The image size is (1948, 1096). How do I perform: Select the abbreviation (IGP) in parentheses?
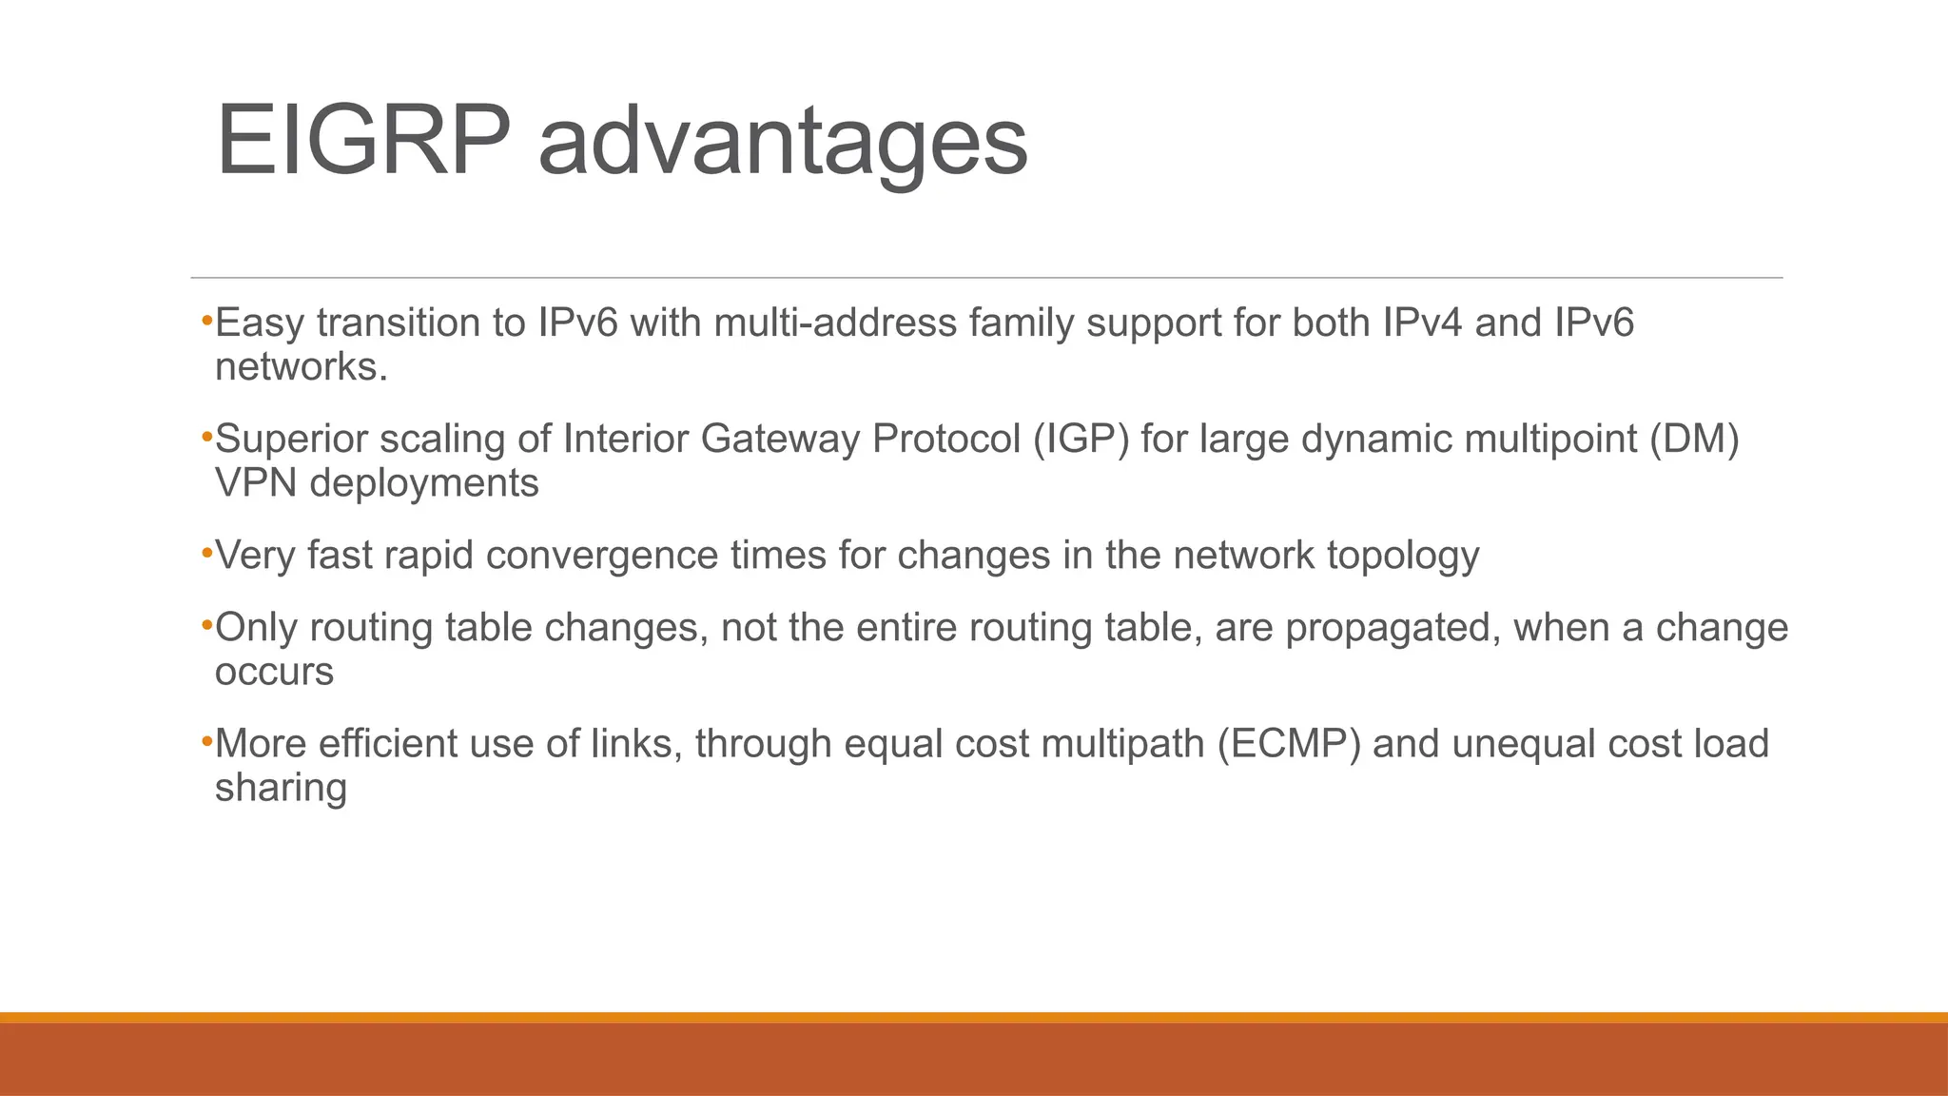click(x=1081, y=440)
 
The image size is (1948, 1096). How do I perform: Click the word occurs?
click(x=274, y=673)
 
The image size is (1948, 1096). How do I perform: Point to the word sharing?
click(x=281, y=789)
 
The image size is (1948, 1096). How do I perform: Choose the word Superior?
click(x=291, y=440)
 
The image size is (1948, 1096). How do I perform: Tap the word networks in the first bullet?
click(x=301, y=367)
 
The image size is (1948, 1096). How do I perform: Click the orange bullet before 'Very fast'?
click(x=206, y=551)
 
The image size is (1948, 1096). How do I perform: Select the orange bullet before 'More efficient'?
click(x=206, y=739)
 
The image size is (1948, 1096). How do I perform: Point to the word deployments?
click(x=424, y=484)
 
